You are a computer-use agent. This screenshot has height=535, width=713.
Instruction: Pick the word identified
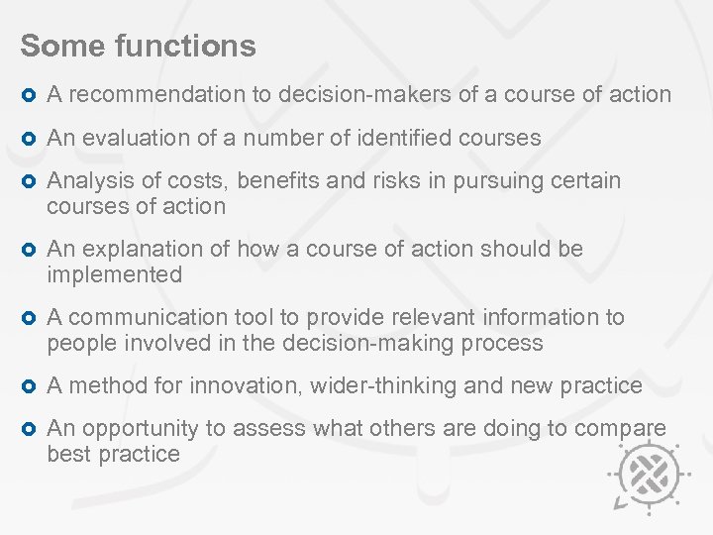tap(406, 138)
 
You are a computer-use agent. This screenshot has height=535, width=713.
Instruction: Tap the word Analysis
tap(88, 181)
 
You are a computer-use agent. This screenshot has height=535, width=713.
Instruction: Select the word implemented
tap(115, 274)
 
